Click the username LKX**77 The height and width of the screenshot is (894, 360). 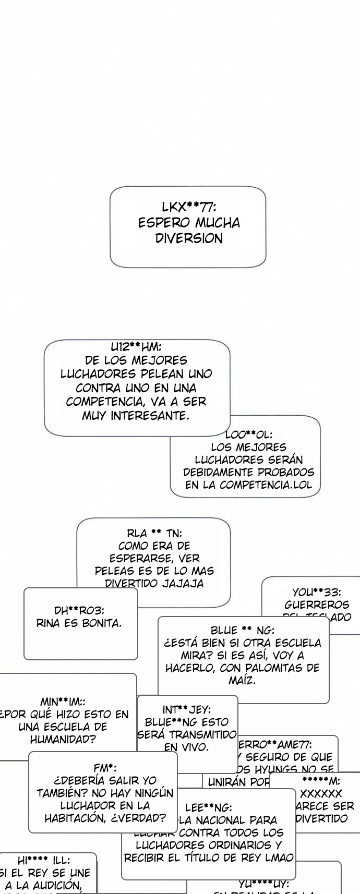(188, 207)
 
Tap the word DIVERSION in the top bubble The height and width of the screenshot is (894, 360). (189, 238)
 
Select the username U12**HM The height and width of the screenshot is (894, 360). (136, 347)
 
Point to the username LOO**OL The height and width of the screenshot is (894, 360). (248, 434)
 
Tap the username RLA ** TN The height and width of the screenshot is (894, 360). (154, 533)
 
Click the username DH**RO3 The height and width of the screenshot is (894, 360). (79, 610)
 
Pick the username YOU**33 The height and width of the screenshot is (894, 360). (316, 592)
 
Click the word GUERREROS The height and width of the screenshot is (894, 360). (316, 605)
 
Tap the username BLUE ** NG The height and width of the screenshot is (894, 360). (243, 630)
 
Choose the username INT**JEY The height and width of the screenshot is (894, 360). (186, 709)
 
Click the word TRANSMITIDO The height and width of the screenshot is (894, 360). (187, 734)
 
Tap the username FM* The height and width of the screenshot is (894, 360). (104, 768)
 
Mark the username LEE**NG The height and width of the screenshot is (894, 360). (209, 807)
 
